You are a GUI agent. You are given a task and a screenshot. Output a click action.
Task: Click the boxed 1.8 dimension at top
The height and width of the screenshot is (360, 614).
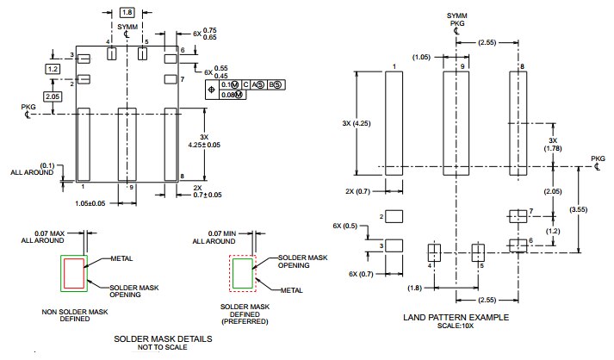(x=127, y=13)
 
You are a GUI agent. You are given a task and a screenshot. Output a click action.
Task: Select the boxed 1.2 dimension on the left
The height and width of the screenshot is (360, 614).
(x=53, y=68)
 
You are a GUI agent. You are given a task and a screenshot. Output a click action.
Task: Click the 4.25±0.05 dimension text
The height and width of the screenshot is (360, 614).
(x=205, y=145)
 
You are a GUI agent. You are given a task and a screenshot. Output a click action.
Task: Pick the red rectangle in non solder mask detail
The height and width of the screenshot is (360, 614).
(x=74, y=273)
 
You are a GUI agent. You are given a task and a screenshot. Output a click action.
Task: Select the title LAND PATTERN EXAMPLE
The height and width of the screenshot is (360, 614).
(x=456, y=318)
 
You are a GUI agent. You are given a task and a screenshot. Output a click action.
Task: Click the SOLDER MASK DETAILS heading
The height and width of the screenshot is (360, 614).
(x=164, y=338)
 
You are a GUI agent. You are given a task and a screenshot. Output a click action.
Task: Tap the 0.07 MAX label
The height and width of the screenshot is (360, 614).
(x=50, y=233)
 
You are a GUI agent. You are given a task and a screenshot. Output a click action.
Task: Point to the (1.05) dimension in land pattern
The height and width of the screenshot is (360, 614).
(x=422, y=58)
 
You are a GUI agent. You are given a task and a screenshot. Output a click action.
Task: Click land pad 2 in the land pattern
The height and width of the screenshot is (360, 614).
(x=394, y=217)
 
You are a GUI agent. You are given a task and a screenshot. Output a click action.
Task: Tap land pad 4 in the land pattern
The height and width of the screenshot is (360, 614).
(x=434, y=252)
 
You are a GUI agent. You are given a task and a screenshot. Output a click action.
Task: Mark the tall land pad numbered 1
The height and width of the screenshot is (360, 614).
(x=394, y=123)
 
